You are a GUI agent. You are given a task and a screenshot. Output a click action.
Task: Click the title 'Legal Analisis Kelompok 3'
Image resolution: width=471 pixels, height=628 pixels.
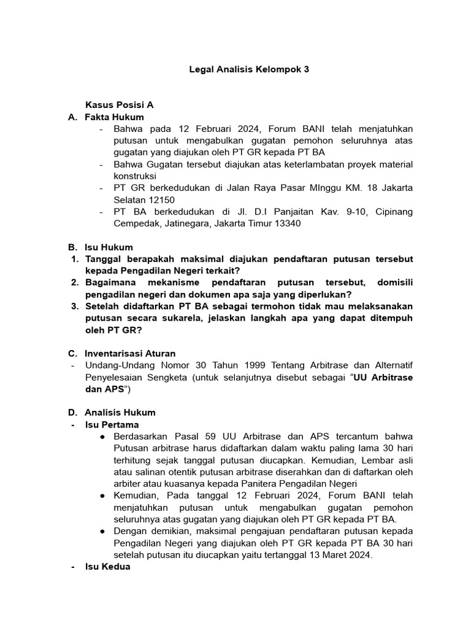248,70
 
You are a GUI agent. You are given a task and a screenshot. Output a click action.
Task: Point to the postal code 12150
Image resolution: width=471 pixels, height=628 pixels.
161,199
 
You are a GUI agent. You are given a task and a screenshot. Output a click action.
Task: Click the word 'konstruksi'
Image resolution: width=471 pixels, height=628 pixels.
134,176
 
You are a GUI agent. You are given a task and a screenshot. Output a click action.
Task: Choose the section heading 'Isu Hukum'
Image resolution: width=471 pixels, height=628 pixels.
109,247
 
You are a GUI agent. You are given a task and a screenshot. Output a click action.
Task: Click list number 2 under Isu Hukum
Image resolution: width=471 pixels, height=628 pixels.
75,283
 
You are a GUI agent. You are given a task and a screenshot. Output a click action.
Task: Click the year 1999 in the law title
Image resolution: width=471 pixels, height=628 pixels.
257,366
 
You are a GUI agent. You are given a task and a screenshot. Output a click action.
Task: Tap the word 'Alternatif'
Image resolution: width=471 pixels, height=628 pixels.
390,366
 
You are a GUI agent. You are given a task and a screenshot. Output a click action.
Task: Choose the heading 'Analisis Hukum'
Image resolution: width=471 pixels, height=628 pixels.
120,412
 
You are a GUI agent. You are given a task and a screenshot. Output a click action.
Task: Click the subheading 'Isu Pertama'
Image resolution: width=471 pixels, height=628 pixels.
112,424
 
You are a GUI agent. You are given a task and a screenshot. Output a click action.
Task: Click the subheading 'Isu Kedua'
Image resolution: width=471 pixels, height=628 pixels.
107,567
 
